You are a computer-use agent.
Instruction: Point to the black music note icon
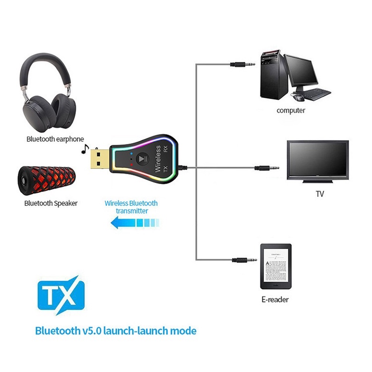pyautogui.click(x=85, y=148)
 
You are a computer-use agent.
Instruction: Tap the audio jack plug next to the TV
pyautogui.click(x=265, y=168)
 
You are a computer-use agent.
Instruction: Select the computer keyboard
pyautogui.click(x=314, y=93)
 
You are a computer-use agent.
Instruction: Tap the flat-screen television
pyautogui.click(x=318, y=161)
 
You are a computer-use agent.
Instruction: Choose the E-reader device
pyautogui.click(x=276, y=266)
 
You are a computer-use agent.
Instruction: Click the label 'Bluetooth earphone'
pyautogui.click(x=55, y=139)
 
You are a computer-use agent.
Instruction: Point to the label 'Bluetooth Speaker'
pyautogui.click(x=51, y=203)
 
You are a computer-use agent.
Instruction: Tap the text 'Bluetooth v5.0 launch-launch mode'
pyautogui.click(x=116, y=330)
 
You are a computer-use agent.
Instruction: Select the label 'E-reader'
pyautogui.click(x=275, y=300)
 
